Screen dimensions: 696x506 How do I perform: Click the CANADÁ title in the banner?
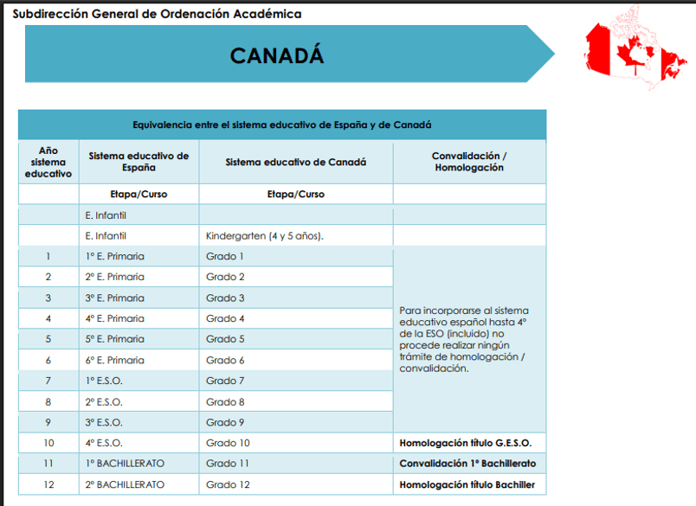tap(277, 54)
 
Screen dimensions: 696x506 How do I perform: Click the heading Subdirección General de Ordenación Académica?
tap(157, 15)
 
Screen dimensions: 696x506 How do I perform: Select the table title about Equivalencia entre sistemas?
tap(282, 125)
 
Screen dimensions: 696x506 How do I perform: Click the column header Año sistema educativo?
tap(48, 162)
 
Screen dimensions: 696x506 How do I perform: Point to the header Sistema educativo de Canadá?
tap(295, 162)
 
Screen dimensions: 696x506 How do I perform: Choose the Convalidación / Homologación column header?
tap(469, 162)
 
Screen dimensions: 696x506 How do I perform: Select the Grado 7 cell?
tap(225, 381)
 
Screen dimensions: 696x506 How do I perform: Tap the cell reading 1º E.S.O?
tap(104, 381)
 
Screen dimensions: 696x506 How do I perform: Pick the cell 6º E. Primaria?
tap(115, 360)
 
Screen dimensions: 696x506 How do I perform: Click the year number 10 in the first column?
tap(48, 443)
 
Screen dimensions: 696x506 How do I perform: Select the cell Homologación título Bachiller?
tap(467, 484)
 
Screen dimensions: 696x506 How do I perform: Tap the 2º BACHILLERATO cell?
tap(125, 484)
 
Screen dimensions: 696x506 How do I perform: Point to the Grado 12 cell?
tap(228, 484)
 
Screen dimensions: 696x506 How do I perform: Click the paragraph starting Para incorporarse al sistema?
tap(464, 339)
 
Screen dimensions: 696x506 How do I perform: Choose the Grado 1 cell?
tap(225, 256)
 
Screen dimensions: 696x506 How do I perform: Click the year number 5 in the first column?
tap(48, 339)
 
